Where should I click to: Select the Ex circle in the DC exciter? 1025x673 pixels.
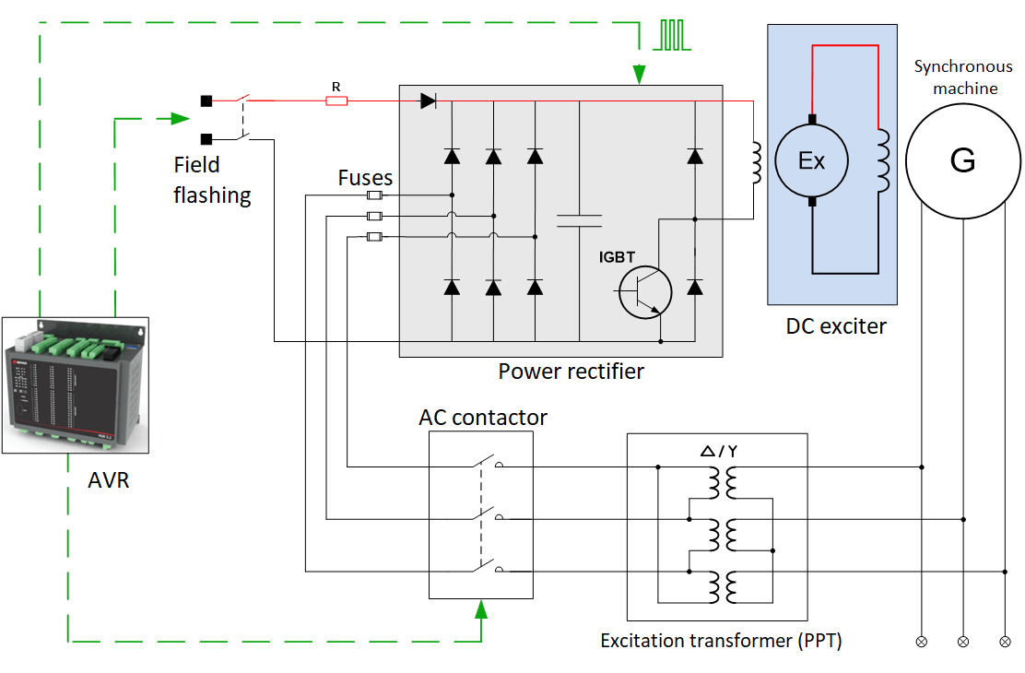click(x=811, y=160)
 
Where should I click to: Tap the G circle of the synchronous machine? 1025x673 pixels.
click(x=962, y=160)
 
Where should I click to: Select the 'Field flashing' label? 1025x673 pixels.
click(x=212, y=180)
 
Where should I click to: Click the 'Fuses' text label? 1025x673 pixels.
click(x=365, y=177)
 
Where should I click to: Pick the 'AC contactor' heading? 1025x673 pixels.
click(x=483, y=418)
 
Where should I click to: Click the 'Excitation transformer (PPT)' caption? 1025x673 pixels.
click(x=721, y=640)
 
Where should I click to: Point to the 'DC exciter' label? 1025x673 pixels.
click(x=835, y=325)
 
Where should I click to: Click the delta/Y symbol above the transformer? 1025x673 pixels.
click(x=718, y=451)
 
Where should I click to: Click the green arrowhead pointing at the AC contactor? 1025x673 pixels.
click(x=480, y=608)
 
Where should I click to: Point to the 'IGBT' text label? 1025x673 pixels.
click(x=616, y=258)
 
